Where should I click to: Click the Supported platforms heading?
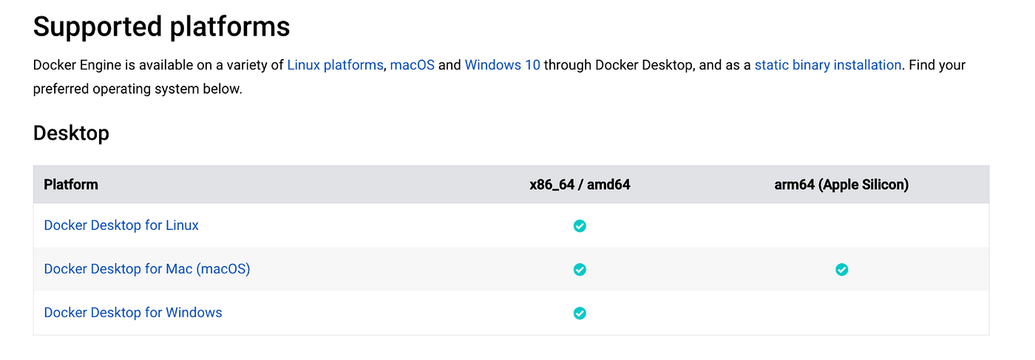coord(161,27)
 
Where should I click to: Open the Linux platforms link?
coord(335,65)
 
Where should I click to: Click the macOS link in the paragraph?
coord(412,65)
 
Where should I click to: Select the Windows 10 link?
coord(502,65)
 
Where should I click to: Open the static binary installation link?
coord(827,65)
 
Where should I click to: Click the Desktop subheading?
coord(71,133)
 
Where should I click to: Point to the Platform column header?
coord(71,185)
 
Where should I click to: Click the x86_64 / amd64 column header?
coord(580,185)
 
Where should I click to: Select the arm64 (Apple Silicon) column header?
coord(841,185)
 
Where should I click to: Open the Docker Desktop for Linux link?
coord(121,225)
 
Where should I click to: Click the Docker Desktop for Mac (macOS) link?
coord(147,269)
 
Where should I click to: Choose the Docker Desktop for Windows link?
coord(133,313)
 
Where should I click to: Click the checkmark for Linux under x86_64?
coord(580,225)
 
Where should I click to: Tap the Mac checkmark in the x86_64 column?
coord(580,269)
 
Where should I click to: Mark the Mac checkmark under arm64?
coord(841,269)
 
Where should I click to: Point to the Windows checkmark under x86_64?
coord(580,313)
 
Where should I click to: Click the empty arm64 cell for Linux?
coord(841,225)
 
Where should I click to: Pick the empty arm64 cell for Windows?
coord(841,313)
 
